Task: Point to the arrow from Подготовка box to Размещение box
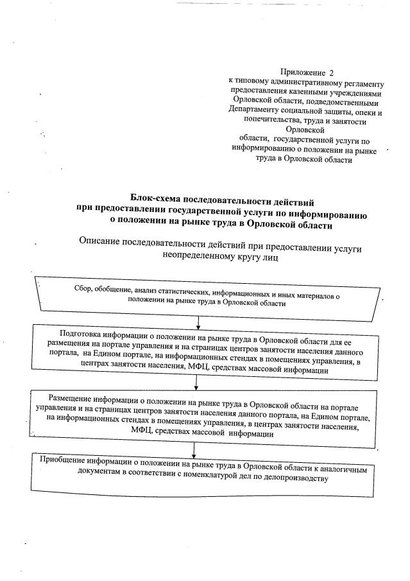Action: pyautogui.click(x=196, y=383)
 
